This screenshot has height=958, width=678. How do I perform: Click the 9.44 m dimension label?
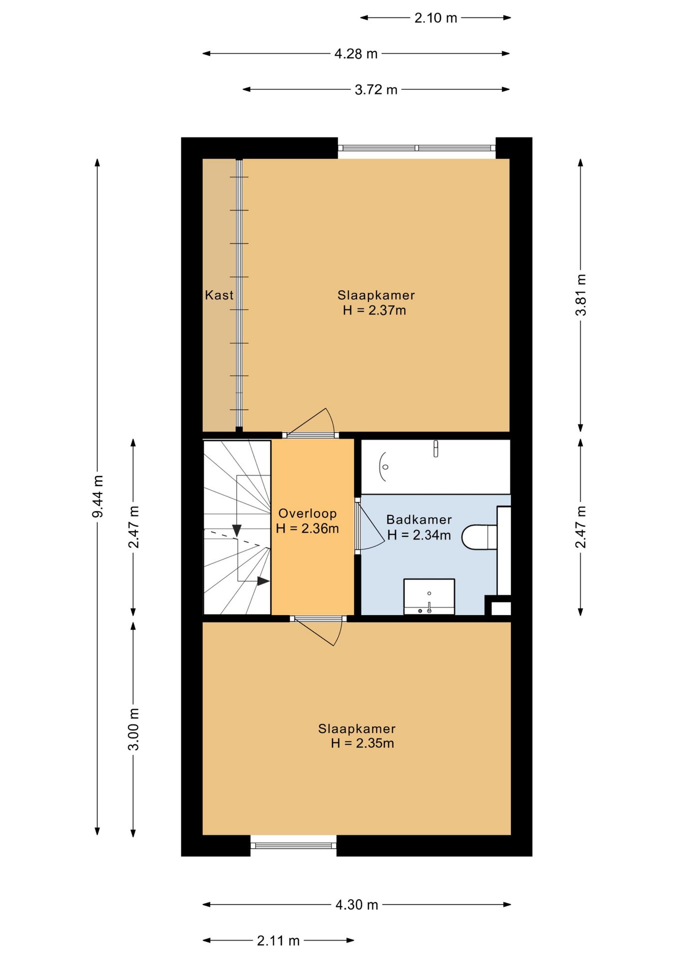pyautogui.click(x=98, y=496)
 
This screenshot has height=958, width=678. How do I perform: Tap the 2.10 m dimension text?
pyautogui.click(x=435, y=18)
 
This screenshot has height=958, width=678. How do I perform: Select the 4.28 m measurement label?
pyautogui.click(x=356, y=54)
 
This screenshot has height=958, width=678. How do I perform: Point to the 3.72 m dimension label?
pyautogui.click(x=376, y=90)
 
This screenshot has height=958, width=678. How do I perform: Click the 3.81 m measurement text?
pyautogui.click(x=581, y=295)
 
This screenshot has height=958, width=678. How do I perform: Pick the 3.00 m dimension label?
pyautogui.click(x=133, y=729)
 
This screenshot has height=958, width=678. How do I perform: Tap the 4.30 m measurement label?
pyautogui.click(x=356, y=905)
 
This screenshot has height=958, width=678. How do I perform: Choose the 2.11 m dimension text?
pyautogui.click(x=278, y=941)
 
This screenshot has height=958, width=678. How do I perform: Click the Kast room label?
pyautogui.click(x=219, y=295)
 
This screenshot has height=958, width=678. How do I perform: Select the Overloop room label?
pyautogui.click(x=308, y=513)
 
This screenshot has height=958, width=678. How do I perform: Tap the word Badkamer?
pyautogui.click(x=419, y=519)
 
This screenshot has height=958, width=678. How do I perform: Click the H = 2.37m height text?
pyautogui.click(x=374, y=310)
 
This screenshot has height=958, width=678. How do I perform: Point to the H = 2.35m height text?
pyautogui.click(x=362, y=743)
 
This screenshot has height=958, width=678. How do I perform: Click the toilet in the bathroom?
pyautogui.click(x=480, y=537)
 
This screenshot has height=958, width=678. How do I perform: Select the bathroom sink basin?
pyautogui.click(x=429, y=596)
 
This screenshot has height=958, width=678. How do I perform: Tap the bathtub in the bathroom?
pyautogui.click(x=435, y=467)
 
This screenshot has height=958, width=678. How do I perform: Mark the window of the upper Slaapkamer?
pyautogui.click(x=417, y=148)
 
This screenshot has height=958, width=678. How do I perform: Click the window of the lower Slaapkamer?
pyautogui.click(x=294, y=845)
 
